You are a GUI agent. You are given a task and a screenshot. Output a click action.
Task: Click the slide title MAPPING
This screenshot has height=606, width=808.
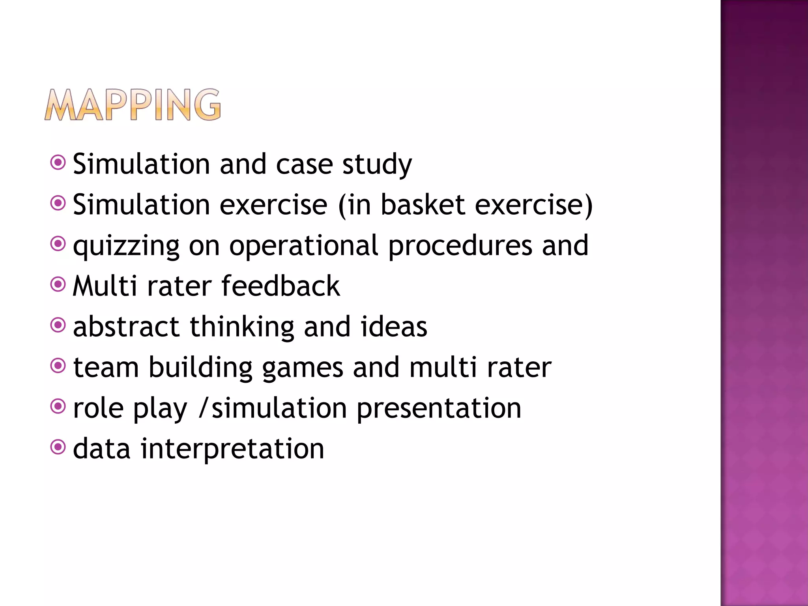coord(133,105)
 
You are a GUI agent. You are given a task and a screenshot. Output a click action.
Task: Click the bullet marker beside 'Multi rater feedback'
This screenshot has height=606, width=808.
coord(58,284)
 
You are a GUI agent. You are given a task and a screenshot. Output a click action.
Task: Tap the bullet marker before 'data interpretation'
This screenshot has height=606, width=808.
coord(58,447)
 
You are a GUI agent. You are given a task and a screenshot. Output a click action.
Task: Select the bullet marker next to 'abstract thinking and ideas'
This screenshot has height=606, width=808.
coord(58,325)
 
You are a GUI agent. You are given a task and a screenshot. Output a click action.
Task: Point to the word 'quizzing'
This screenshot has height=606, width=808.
coord(126,247)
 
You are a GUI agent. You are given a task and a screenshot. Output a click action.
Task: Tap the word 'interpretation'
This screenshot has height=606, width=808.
coord(232,449)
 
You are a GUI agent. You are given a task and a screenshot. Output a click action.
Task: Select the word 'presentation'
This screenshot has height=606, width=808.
coord(439,408)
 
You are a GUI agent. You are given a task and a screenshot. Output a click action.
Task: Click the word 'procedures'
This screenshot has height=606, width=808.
coord(460,247)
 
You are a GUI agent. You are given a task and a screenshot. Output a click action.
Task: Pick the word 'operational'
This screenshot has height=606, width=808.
coord(304,247)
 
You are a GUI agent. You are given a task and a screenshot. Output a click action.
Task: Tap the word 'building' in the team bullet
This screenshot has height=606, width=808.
coord(200,368)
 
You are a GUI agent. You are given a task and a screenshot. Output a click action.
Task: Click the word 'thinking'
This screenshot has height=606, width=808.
coord(242,327)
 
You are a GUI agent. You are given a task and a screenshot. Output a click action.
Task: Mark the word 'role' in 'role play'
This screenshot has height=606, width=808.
coord(98,408)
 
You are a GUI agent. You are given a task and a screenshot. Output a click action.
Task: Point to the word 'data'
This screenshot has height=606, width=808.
coord(101,449)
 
